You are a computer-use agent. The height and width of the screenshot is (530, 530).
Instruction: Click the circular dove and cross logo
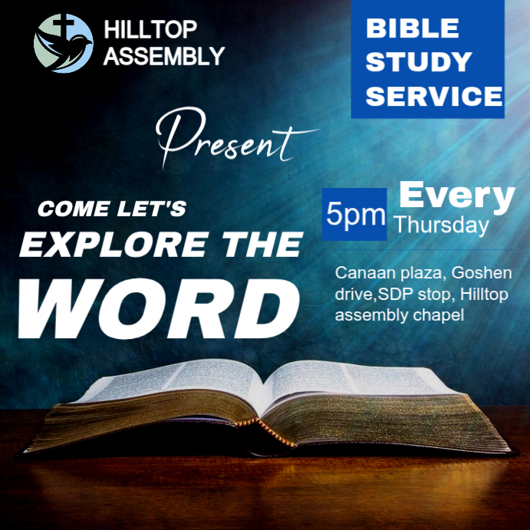point(63,44)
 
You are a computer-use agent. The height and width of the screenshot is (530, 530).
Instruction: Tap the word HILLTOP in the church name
point(150,31)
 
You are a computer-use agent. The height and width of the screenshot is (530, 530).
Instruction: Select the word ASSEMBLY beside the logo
point(163,55)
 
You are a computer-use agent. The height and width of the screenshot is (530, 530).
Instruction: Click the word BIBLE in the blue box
point(412,29)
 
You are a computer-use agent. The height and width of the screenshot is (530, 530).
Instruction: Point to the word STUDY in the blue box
point(418,62)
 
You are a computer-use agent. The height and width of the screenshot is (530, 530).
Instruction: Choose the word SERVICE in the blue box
point(433,96)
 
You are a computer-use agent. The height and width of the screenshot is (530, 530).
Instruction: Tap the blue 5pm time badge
point(354,214)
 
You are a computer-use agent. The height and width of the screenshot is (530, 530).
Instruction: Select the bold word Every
point(457,196)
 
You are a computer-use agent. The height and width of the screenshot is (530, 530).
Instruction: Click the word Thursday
point(441,225)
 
